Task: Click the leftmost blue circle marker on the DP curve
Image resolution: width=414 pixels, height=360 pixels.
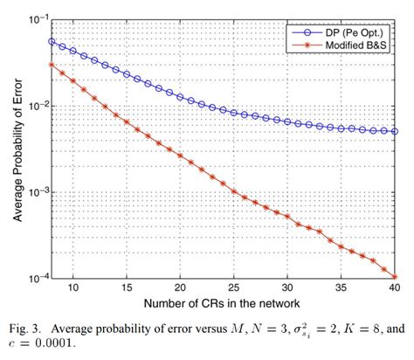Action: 52,41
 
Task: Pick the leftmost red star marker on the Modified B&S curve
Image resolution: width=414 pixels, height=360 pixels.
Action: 52,64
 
